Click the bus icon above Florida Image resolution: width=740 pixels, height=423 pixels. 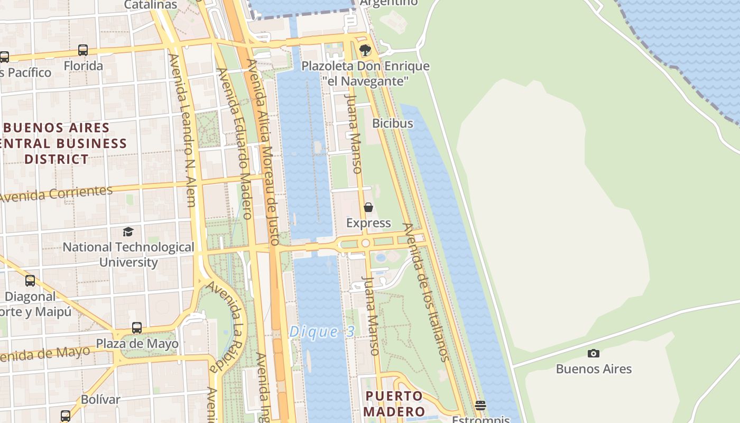83,50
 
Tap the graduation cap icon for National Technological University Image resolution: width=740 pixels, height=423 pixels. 128,232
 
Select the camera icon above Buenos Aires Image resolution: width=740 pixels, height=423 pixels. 594,353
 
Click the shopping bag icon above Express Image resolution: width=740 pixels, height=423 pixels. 368,207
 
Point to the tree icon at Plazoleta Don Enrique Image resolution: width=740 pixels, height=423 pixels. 365,50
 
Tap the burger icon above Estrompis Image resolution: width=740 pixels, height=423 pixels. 480,406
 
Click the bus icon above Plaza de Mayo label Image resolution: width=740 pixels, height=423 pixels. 137,328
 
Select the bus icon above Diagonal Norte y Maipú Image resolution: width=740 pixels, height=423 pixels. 30,281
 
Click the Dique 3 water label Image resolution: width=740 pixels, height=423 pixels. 322,332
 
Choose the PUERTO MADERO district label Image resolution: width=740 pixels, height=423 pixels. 395,404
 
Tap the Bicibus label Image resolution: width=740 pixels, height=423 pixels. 393,123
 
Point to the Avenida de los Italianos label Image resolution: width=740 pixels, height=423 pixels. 426,292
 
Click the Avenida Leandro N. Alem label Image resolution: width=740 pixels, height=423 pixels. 182,130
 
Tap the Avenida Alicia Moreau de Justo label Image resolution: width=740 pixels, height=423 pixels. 263,152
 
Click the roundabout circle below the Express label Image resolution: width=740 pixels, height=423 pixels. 365,243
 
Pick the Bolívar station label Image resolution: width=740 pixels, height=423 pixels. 100,399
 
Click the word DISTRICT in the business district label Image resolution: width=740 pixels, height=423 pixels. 57,159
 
